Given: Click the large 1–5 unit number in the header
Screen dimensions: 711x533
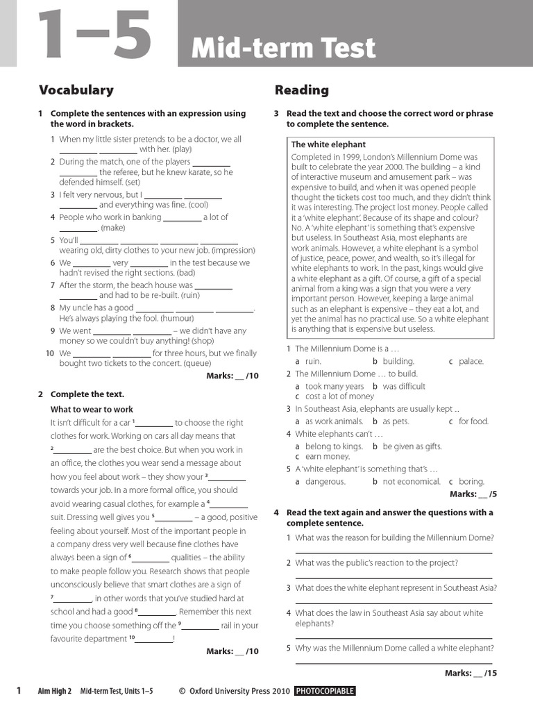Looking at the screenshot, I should click(91, 34).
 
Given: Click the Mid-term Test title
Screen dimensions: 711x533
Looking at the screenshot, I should click(283, 49).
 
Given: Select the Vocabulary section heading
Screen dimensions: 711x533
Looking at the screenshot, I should click(76, 90).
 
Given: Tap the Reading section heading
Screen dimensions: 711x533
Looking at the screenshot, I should click(301, 90).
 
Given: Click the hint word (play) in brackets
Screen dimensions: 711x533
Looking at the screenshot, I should click(182, 149).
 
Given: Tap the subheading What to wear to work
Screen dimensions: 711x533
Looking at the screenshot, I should click(92, 410).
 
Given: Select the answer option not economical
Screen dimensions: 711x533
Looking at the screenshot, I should click(411, 481).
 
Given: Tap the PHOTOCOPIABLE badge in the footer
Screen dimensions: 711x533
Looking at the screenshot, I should click(325, 691).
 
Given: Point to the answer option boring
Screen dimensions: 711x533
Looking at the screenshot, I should click(471, 481).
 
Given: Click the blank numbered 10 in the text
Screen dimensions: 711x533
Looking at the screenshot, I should click(154, 639).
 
